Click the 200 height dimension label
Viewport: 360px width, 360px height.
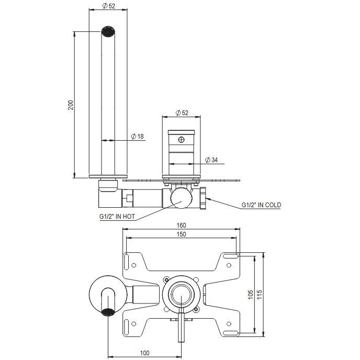pyautogui.click(x=71, y=105)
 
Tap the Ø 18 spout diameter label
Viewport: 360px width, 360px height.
pyautogui.click(x=137, y=136)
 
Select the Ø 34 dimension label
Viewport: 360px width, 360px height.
pyautogui.click(x=211, y=160)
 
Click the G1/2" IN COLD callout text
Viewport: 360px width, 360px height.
pyautogui.click(x=261, y=205)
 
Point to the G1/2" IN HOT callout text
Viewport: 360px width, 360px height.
pyautogui.click(x=117, y=217)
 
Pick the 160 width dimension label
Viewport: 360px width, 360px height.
pyautogui.click(x=181, y=225)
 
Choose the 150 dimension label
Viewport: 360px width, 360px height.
pyautogui.click(x=181, y=234)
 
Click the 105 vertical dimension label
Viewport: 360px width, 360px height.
pyautogui.click(x=250, y=295)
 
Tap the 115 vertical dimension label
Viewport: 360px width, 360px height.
pyautogui.click(x=259, y=295)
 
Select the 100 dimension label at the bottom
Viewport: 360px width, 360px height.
pyautogui.click(x=144, y=353)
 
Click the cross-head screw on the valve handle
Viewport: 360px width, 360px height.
pyautogui.click(x=182, y=140)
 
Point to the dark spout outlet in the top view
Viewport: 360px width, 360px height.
pyautogui.click(x=108, y=31)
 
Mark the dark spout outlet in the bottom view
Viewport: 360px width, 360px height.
pyautogui.click(x=108, y=312)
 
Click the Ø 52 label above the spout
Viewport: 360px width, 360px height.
pyautogui.click(x=109, y=6)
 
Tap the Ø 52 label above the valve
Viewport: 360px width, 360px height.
pyautogui.click(x=182, y=113)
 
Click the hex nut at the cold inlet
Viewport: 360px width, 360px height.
pyautogui.click(x=204, y=198)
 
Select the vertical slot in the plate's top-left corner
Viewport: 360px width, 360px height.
pyautogui.click(x=126, y=261)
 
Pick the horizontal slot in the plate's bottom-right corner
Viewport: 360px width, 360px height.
pyautogui.click(x=230, y=333)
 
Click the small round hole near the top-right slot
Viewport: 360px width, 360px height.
pyautogui.click(x=229, y=265)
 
